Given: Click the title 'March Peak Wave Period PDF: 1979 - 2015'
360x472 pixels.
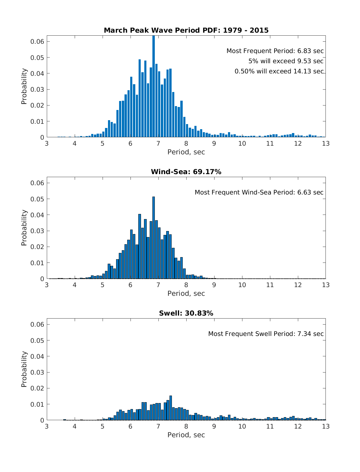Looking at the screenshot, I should click(186, 30).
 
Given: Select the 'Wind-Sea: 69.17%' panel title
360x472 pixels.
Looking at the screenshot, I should click(186, 172).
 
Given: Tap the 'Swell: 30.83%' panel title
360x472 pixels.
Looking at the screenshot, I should click(186, 313).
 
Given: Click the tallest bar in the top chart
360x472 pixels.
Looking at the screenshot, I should click(154, 87).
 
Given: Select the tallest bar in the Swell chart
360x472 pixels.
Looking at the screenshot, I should click(171, 408).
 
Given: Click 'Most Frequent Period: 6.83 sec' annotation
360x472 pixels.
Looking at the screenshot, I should click(275, 51).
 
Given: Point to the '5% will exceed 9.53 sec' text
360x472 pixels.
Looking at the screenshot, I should click(286, 61).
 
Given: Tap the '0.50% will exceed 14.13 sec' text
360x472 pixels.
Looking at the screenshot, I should click(279, 71).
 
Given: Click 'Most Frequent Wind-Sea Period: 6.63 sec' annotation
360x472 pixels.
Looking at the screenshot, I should click(259, 192).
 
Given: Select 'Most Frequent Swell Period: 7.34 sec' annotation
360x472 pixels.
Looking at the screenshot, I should click(266, 334).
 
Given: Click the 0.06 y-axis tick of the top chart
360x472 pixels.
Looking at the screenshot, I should click(37, 41).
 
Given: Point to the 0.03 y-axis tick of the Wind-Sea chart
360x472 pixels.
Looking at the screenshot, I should click(37, 231).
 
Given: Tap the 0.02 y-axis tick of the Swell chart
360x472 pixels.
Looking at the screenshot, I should click(37, 388).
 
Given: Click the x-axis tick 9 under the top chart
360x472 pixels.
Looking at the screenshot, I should click(214, 144).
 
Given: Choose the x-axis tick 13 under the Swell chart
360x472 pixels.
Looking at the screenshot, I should click(326, 426).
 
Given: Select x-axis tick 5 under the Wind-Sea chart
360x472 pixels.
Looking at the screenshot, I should click(103, 285).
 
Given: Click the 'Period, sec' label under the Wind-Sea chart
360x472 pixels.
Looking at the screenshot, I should click(186, 294).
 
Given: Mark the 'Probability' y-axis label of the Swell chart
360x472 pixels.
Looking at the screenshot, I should click(24, 369).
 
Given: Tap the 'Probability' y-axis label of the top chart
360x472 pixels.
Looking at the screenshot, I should click(24, 86).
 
